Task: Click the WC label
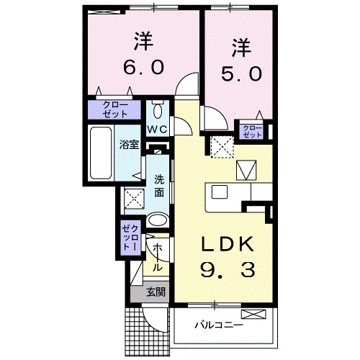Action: (x=158, y=129)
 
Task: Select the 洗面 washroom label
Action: (x=158, y=186)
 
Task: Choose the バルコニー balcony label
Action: (x=219, y=325)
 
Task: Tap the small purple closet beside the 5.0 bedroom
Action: (x=253, y=130)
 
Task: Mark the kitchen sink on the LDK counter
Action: (x=219, y=192)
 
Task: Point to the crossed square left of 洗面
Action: (x=133, y=198)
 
